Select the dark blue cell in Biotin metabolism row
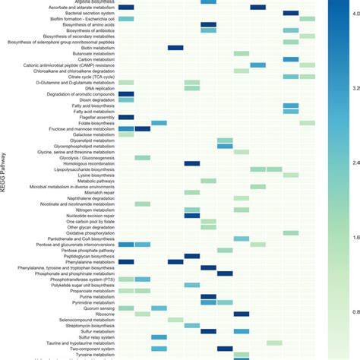coord(175,48)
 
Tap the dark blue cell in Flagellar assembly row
coord(125,117)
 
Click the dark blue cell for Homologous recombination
coord(192,163)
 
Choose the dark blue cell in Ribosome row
coord(242,313)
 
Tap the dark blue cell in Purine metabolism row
coord(208,296)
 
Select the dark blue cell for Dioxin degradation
coord(125,99)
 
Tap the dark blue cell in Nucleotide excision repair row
coord(192,215)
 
